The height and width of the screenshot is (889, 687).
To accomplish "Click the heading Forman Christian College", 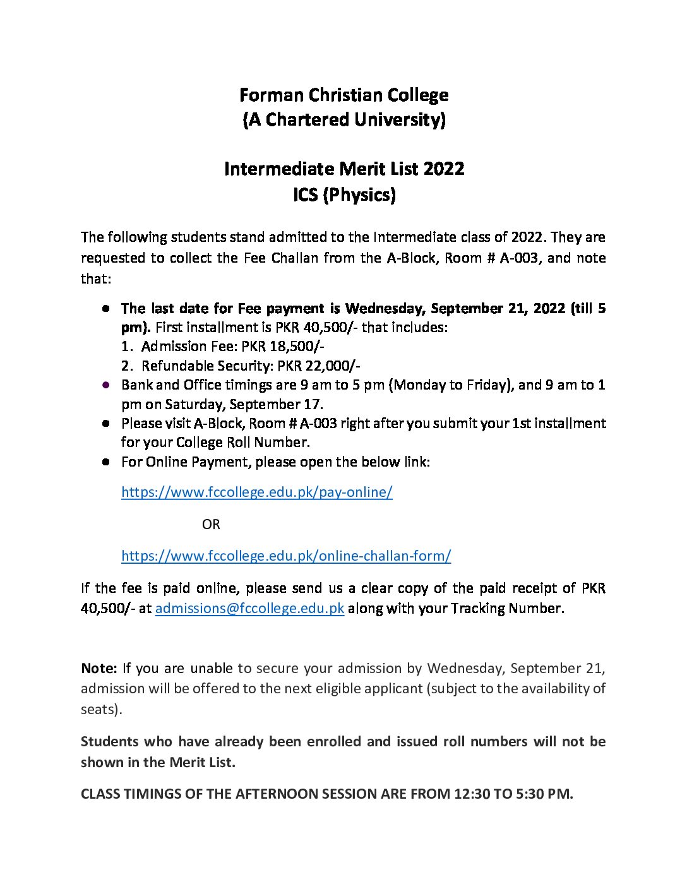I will tap(343, 95).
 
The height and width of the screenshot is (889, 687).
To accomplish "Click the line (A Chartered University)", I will tap(343, 119).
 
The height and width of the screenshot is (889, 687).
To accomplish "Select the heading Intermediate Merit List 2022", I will tap(343, 169).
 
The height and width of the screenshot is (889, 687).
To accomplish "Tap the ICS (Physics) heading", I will tap(343, 194).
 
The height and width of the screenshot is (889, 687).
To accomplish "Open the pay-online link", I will tap(256, 492).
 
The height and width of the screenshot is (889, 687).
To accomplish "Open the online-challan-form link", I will tap(285, 556).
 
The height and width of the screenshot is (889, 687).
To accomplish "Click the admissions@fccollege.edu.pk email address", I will tap(249, 609).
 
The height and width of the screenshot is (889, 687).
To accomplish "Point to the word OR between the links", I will tap(211, 525).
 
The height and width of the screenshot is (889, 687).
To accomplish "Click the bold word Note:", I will tap(99, 669).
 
